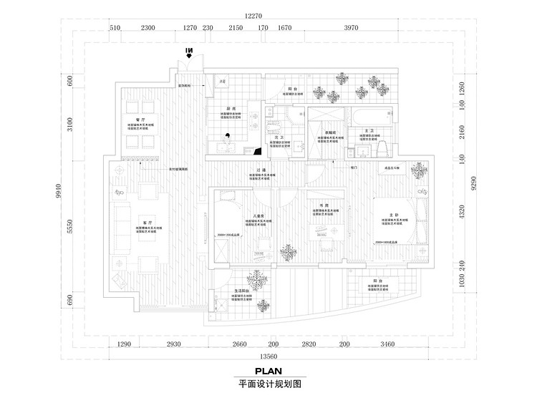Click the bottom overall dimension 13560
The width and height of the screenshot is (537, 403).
coord(268,356)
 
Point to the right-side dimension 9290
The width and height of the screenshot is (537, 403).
coord(474,186)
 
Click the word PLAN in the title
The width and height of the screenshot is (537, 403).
coord(268,371)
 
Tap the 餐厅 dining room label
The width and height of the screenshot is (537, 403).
coord(141,120)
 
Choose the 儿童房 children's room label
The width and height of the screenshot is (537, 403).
coord(258,215)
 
